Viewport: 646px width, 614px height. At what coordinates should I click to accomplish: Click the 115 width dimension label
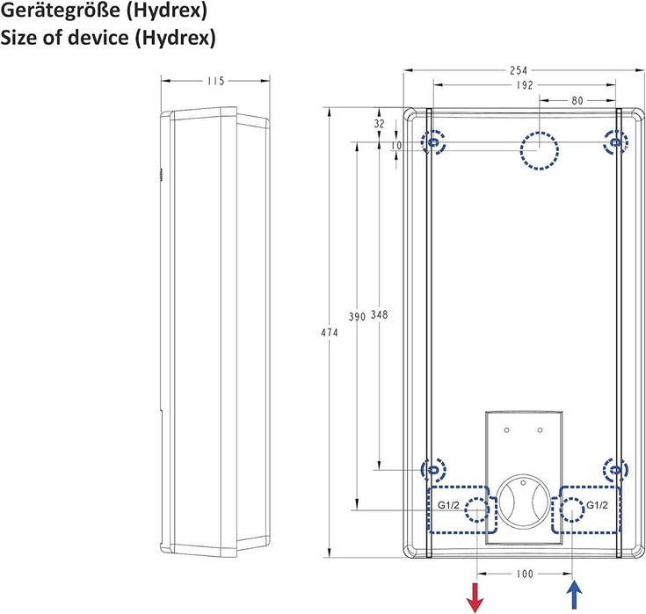[214, 81]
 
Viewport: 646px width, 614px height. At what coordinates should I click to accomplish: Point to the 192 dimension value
[524, 85]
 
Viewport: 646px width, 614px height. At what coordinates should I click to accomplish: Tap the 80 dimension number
[577, 101]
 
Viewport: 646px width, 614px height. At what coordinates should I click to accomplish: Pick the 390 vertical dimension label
[357, 315]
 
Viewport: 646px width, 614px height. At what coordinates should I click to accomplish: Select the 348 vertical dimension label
[379, 315]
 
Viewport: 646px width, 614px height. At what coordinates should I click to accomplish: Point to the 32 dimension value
[380, 125]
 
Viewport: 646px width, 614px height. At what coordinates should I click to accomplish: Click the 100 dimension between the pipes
[524, 574]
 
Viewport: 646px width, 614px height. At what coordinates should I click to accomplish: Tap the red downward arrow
[476, 596]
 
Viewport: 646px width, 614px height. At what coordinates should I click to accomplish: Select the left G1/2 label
[449, 504]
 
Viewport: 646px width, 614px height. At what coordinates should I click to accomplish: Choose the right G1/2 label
[599, 504]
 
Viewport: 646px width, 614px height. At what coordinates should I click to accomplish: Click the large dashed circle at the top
[539, 149]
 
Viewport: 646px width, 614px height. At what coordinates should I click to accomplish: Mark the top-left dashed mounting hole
[433, 141]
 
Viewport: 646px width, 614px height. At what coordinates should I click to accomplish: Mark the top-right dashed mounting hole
[616, 141]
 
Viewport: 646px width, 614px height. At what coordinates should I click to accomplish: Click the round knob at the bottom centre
[524, 502]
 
